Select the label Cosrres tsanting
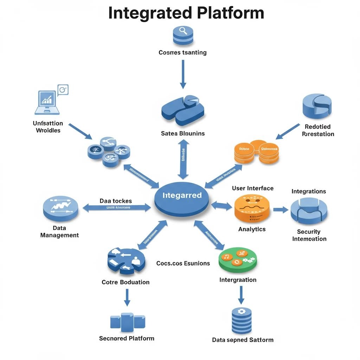[182, 53]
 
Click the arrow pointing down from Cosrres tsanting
[183, 74]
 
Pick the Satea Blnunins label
[183, 134]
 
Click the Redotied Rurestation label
[318, 130]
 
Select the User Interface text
[252, 188]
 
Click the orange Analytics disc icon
[252, 208]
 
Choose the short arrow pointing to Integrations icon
[280, 210]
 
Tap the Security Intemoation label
[309, 235]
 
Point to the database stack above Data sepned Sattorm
[242, 320]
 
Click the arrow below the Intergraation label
[241, 295]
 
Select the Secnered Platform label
[127, 339]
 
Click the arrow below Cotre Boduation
[127, 297]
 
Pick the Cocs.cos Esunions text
[183, 263]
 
